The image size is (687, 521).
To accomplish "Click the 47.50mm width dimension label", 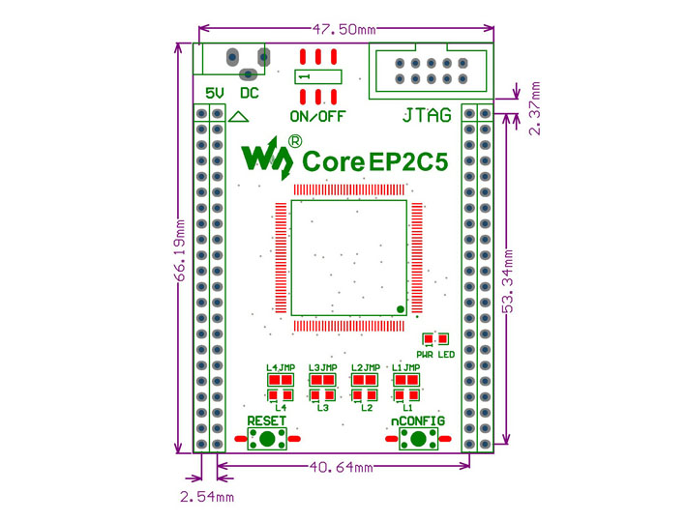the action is pyautogui.click(x=343, y=29).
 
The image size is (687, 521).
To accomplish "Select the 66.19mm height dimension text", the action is pyautogui.click(x=180, y=250).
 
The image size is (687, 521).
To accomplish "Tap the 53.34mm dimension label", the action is pyautogui.click(x=507, y=281).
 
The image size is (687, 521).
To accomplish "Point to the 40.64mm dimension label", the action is pyautogui.click(x=342, y=467).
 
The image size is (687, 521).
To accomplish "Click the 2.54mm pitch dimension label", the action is pyautogui.click(x=207, y=497).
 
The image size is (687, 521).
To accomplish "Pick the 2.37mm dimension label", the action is pyautogui.click(x=535, y=108).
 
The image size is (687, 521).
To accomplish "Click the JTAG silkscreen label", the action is pyautogui.click(x=427, y=116).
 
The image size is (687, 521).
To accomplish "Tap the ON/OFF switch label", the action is pyautogui.click(x=317, y=116).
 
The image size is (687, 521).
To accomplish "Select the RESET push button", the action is pyautogui.click(x=267, y=439).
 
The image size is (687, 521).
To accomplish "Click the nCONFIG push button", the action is pyautogui.click(x=418, y=439).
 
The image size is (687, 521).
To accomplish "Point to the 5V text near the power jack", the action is pyautogui.click(x=215, y=93).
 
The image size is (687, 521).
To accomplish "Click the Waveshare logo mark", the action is pyautogui.click(x=267, y=159).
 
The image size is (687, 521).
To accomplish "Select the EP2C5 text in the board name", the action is pyautogui.click(x=408, y=161).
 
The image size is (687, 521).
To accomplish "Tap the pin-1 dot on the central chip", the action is pyautogui.click(x=400, y=309).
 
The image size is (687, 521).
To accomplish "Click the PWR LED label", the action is pyautogui.click(x=435, y=355).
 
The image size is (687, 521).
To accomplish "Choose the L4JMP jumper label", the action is pyautogui.click(x=281, y=367).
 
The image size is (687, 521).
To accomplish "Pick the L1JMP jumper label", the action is pyautogui.click(x=406, y=367).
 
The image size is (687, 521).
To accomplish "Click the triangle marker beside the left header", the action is pyautogui.click(x=239, y=116).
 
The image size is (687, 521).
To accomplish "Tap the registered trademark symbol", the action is pyautogui.click(x=295, y=141).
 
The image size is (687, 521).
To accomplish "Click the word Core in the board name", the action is pyautogui.click(x=334, y=161).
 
